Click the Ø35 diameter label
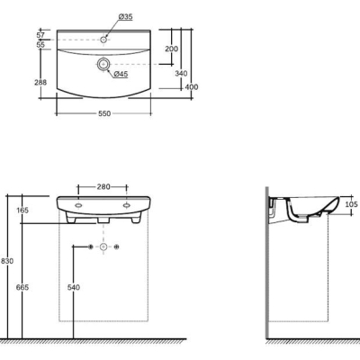click(125, 17)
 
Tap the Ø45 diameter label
click(121, 74)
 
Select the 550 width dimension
click(104, 113)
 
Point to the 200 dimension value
click(171, 49)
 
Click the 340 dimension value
click(181, 74)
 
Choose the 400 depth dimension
click(192, 87)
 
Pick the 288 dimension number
click(40, 82)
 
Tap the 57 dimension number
click(40, 35)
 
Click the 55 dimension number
click(40, 45)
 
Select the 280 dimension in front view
click(103, 187)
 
